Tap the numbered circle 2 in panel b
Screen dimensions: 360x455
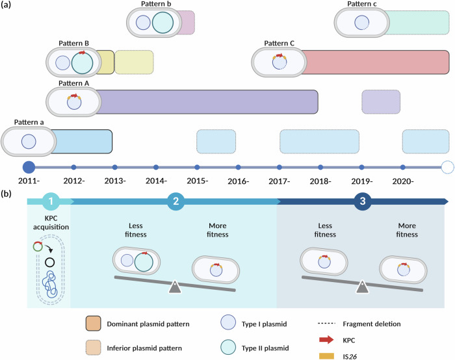tap(174, 202)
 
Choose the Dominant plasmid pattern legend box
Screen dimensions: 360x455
tap(94, 322)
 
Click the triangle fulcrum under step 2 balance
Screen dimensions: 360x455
tap(174, 287)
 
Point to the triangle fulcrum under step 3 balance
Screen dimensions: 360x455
tap(362, 287)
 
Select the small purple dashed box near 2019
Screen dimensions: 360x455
tap(380, 103)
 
